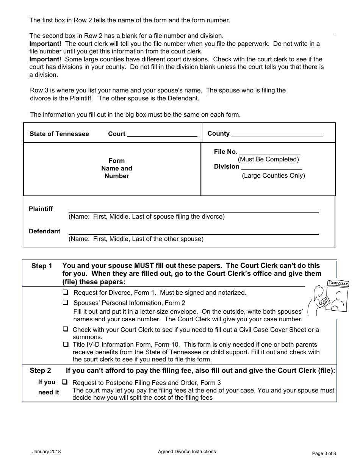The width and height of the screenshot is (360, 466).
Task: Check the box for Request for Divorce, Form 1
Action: coord(66,292)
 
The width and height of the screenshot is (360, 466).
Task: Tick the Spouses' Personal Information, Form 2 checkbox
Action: coord(66,303)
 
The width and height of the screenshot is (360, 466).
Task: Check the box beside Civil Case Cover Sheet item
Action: coord(66,330)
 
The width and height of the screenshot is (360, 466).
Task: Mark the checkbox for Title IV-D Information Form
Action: coord(66,345)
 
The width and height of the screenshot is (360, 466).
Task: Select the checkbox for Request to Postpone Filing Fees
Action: coord(65,383)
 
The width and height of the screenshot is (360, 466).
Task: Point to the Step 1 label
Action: coord(42,266)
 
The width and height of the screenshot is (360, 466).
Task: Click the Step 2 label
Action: coord(41,371)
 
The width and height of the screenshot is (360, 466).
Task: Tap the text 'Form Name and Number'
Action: coord(117,168)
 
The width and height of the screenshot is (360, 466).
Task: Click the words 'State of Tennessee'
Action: coord(59,134)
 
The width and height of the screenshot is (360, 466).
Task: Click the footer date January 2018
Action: coord(47,452)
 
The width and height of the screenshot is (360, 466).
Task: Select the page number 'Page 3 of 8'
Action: coord(324,453)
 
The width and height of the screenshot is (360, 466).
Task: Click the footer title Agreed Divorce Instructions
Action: coord(187,452)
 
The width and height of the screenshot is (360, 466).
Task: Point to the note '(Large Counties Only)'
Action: coord(273,175)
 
